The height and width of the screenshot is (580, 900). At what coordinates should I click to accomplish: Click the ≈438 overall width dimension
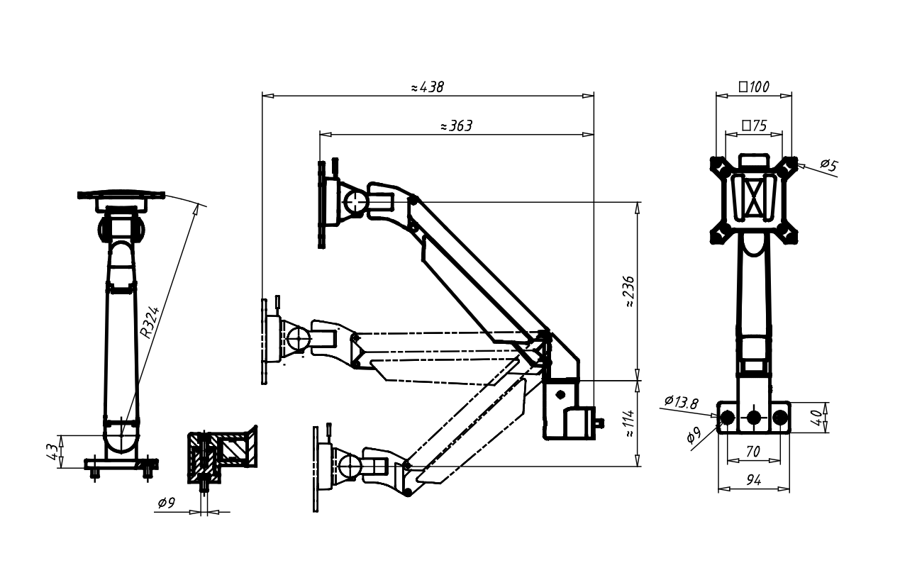(x=427, y=87)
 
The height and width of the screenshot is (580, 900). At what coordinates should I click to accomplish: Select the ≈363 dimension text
(x=456, y=126)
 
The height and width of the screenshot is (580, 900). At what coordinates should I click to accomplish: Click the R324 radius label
(x=150, y=323)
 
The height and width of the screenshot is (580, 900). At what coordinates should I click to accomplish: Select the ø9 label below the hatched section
(x=167, y=503)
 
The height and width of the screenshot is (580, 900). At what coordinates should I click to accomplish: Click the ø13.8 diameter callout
(x=681, y=402)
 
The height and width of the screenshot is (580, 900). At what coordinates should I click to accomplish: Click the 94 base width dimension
(x=753, y=481)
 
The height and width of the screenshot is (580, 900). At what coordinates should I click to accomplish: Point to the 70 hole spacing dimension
(x=753, y=451)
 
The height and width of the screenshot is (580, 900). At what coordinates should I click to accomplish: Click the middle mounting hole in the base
(x=754, y=418)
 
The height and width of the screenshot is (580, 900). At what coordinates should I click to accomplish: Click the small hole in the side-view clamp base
(x=560, y=394)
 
